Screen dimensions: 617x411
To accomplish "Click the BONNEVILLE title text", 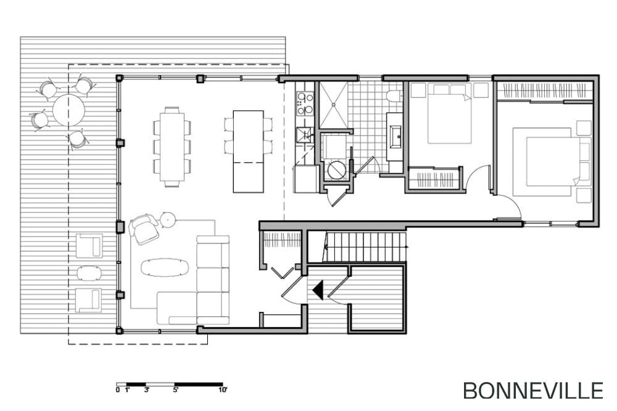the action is click(533, 391).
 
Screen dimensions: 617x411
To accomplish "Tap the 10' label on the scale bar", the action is click(223, 390).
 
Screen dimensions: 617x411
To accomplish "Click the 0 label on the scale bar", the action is click(118, 390).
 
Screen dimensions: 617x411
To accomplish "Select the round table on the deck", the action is click(69, 110).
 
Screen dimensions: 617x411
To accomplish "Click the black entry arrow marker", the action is click(318, 290).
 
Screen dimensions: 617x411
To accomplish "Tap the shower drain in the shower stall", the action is click(333, 105).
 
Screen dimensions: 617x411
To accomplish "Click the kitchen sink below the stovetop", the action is click(304, 134).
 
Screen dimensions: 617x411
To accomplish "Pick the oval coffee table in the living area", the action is click(165, 267).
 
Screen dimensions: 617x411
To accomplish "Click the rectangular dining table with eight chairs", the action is click(172, 147).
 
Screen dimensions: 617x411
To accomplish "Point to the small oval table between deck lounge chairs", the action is click(88, 273).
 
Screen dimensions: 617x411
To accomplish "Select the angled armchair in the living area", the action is click(144, 229).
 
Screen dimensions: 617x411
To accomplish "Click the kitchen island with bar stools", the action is click(248, 152).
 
